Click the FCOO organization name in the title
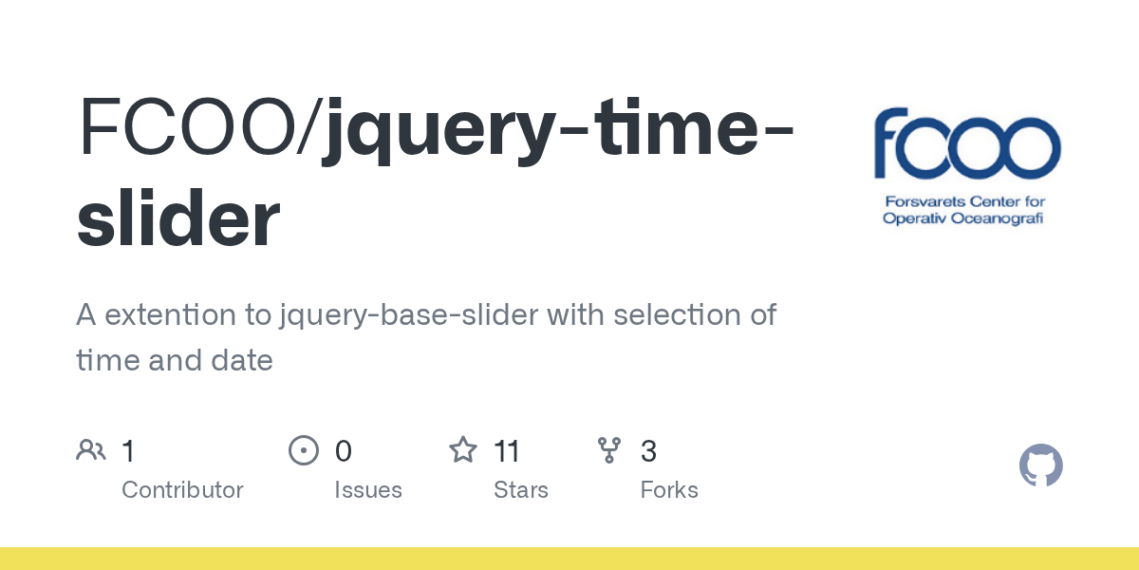[x=190, y=128]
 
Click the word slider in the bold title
[x=178, y=219]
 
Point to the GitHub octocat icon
[x=1040, y=465]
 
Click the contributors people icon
[x=91, y=450]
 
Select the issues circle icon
[x=303, y=450]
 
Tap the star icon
[x=463, y=450]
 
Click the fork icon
[x=609, y=450]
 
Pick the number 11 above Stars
[x=507, y=451]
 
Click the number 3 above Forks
[x=648, y=451]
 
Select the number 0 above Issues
[x=343, y=451]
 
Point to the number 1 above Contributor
[x=128, y=451]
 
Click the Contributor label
[x=182, y=490]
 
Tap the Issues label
[x=368, y=490]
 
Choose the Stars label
[x=521, y=490]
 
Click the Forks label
[x=669, y=490]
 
